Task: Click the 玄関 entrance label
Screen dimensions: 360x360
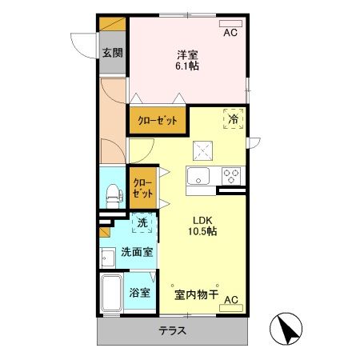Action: (112, 54)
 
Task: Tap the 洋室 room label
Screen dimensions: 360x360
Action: (188, 54)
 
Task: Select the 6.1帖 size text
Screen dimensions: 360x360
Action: (188, 66)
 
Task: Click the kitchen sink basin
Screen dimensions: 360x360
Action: (197, 176)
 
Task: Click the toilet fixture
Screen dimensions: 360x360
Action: (112, 191)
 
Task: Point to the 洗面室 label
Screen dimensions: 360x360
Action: (137, 251)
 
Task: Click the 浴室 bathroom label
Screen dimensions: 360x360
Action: (140, 292)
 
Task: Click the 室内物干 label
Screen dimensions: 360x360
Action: (196, 294)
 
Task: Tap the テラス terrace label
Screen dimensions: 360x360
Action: (172, 331)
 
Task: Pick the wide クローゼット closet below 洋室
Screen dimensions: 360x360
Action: (158, 121)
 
